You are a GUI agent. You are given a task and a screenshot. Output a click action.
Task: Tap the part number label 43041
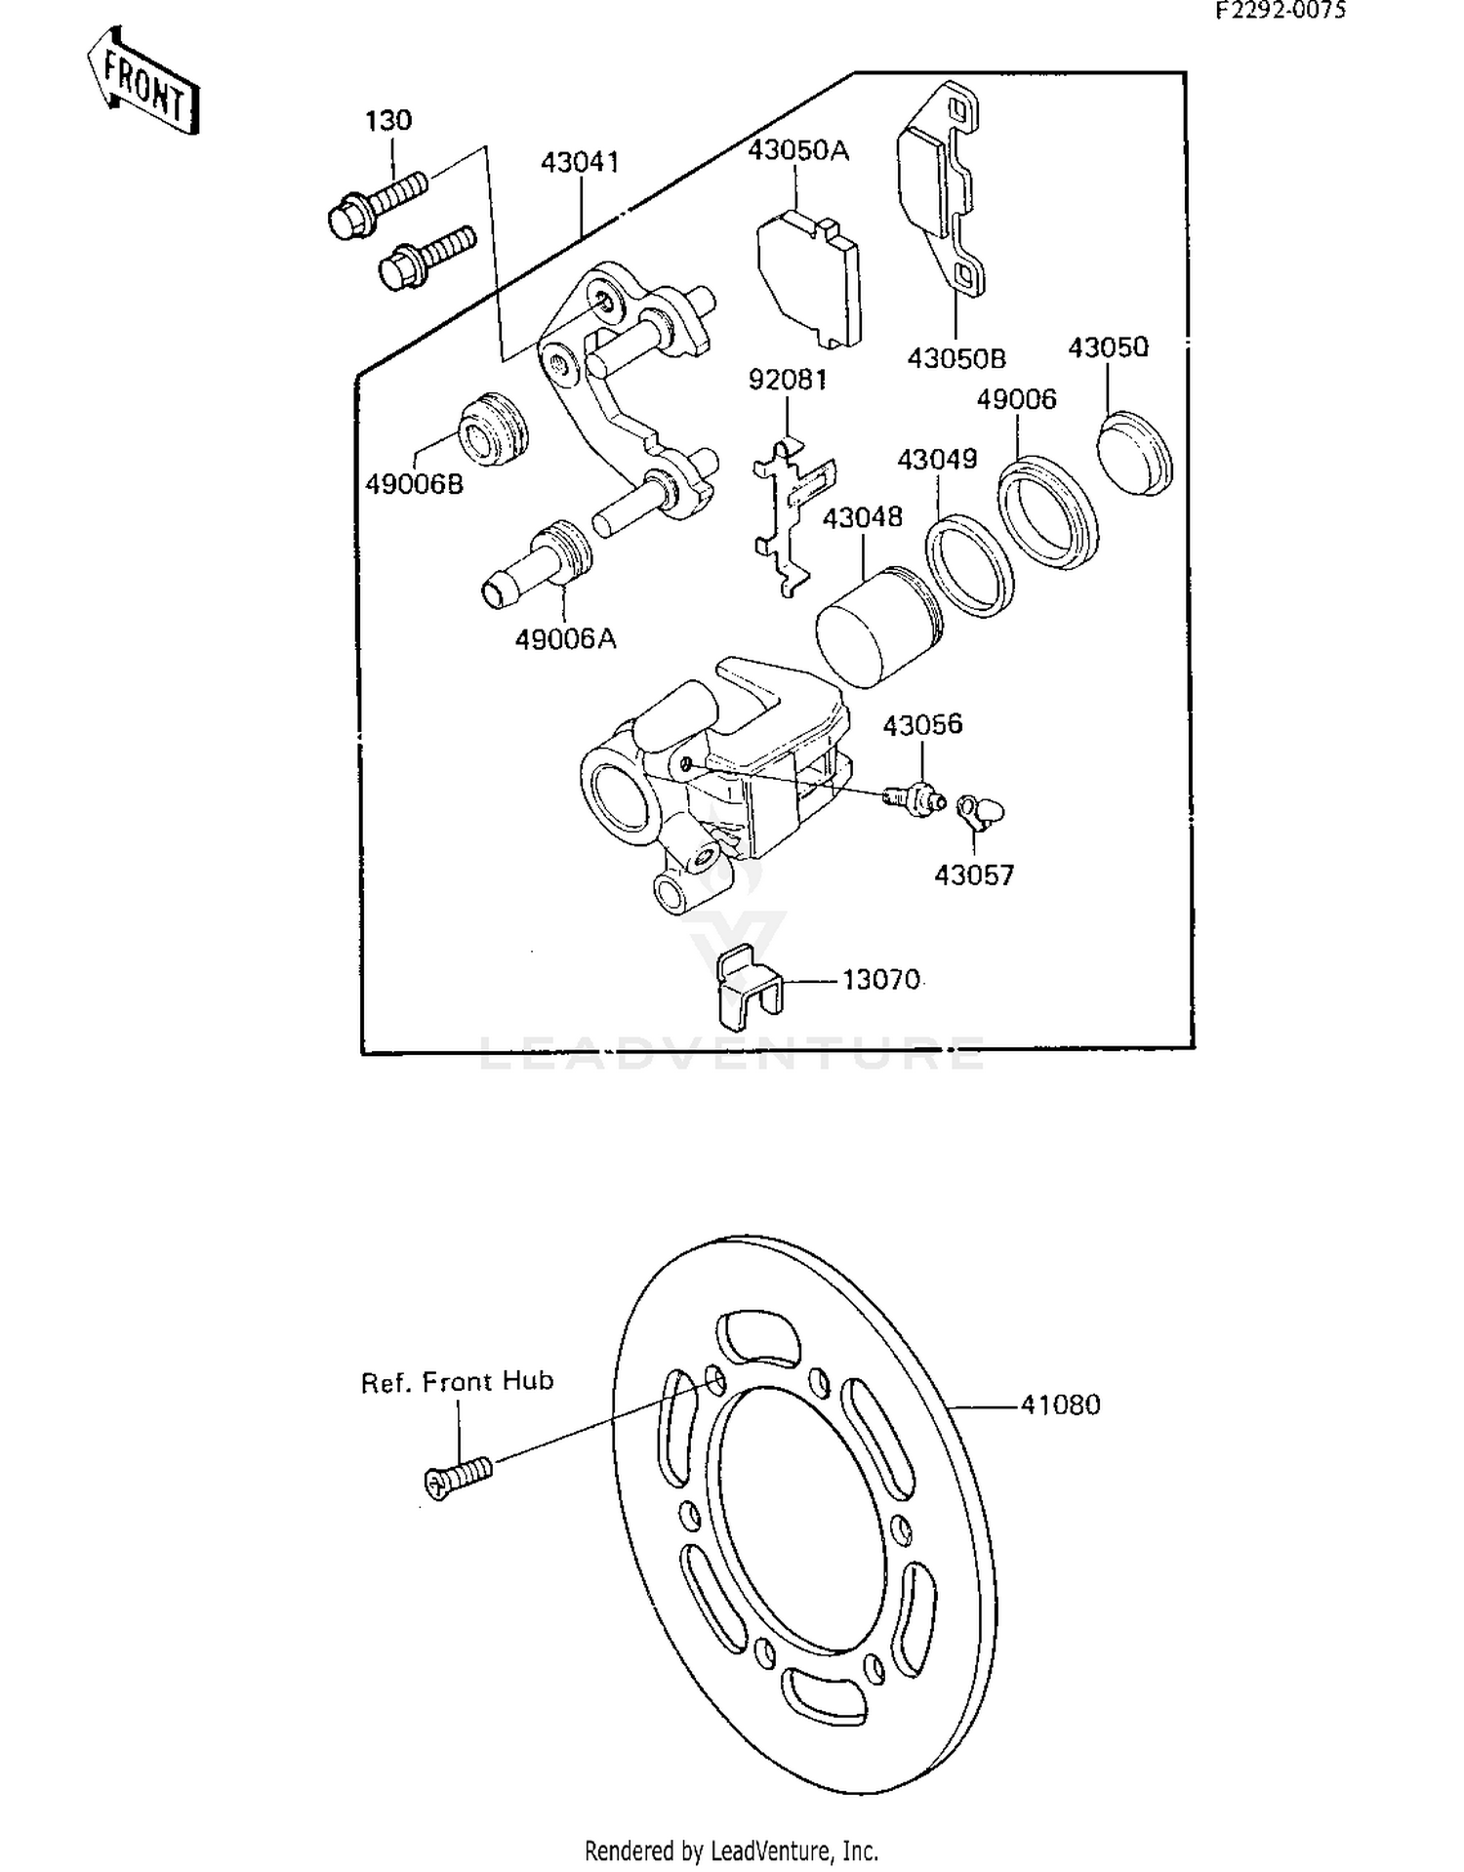[580, 162]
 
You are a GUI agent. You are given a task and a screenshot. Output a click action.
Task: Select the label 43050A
[797, 150]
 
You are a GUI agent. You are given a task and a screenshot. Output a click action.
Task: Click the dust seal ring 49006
[1048, 513]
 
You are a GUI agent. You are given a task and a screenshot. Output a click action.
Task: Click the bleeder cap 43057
[980, 811]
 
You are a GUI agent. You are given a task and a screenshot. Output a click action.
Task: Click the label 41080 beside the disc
[1060, 1404]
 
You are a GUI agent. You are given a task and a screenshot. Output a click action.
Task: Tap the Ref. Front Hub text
[457, 1382]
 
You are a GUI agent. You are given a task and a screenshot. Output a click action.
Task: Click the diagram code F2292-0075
[1280, 11]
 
